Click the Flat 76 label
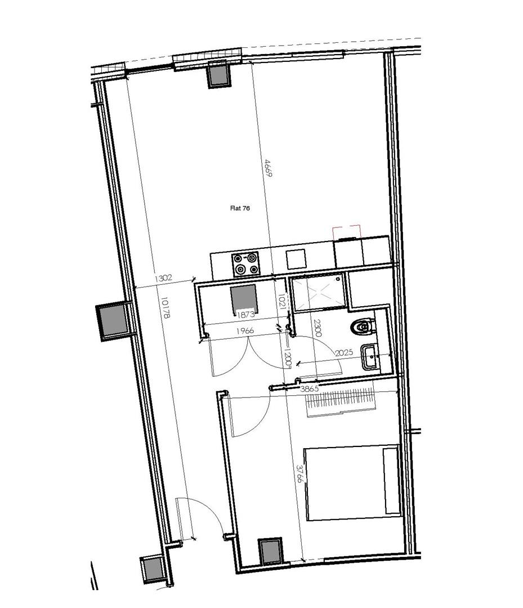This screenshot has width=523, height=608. [240, 208]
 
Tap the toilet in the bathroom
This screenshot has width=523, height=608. [363, 327]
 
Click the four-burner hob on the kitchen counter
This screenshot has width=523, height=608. [246, 263]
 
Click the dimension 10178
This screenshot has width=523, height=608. [165, 308]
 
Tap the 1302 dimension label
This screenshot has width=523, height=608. [163, 278]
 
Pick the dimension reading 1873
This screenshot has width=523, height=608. [245, 315]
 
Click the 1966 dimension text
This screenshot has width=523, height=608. [245, 331]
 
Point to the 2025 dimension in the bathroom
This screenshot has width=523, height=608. [344, 352]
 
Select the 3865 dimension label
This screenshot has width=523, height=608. [310, 388]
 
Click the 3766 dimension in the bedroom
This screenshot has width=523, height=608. [300, 474]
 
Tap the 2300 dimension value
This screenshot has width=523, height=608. [318, 328]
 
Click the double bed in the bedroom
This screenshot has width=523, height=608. [352, 482]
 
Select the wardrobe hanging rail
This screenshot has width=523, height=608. [341, 401]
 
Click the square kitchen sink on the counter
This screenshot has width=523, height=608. [296, 258]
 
